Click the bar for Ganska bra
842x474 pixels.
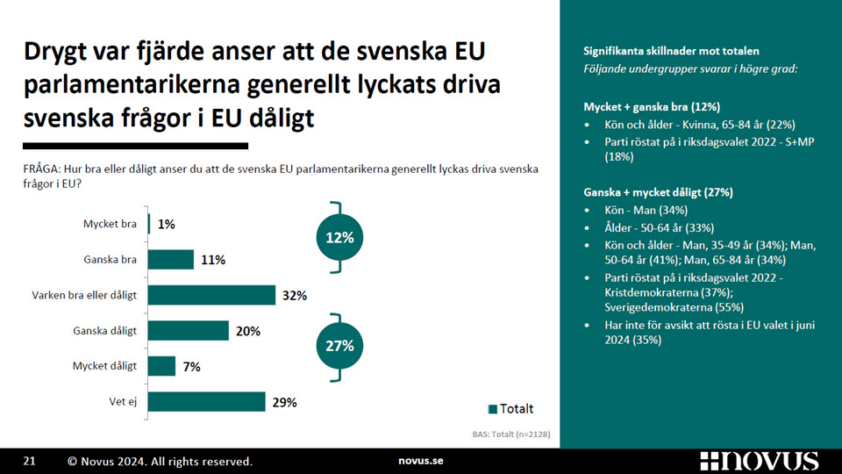point(171,260)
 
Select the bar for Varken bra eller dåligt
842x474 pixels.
point(211,295)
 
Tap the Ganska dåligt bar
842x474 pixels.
point(189,331)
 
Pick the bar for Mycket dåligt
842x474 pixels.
point(161,366)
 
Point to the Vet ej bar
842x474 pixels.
point(207,401)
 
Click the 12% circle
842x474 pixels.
point(339,238)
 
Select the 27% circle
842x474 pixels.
point(339,346)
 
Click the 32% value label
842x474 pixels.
point(295,296)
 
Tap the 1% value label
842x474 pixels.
point(167,224)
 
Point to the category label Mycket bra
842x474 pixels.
point(111,224)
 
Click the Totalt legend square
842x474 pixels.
point(492,409)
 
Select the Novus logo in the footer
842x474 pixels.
point(760,461)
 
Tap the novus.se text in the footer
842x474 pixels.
point(421,461)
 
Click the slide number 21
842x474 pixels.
point(30,461)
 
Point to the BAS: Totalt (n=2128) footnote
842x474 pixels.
point(511,434)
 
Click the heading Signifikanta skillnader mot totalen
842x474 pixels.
point(671,51)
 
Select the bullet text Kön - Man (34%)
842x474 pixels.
point(646,210)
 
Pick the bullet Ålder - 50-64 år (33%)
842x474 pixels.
point(660,228)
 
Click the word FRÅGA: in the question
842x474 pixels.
point(41,169)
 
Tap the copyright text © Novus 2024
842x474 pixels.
point(107,461)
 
